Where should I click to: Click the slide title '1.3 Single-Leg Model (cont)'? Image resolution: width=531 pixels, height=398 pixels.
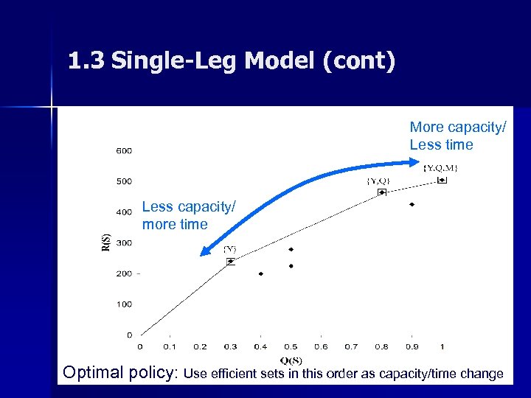[231, 61]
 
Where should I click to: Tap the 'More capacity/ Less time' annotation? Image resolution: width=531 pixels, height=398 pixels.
[457, 136]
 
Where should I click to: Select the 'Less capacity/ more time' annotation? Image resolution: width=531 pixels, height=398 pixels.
[189, 216]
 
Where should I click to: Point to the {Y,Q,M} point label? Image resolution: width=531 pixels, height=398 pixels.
[441, 168]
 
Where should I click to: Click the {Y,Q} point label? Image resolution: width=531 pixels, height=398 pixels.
[378, 181]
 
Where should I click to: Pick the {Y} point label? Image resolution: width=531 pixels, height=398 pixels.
[230, 249]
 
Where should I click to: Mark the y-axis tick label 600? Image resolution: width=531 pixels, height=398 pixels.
[123, 151]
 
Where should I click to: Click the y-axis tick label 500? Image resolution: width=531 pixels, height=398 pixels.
[123, 181]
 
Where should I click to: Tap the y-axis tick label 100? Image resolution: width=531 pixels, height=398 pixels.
[123, 304]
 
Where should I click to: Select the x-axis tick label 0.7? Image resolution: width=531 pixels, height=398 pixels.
[351, 346]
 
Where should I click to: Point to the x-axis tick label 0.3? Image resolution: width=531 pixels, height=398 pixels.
[230, 346]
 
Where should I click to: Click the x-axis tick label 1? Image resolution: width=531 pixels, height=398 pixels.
[442, 346]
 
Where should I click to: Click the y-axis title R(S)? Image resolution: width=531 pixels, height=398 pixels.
[105, 241]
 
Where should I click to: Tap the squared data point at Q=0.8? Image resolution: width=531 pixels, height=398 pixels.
[381, 192]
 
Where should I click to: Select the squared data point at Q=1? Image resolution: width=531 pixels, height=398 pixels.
[442, 180]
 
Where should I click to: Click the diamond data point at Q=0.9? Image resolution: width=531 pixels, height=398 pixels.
[412, 204]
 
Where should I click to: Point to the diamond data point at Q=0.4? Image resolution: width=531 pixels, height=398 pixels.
[260, 273]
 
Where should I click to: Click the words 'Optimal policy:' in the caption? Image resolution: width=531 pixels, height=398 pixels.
[121, 372]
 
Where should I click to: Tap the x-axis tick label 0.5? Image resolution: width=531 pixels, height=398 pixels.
[291, 346]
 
